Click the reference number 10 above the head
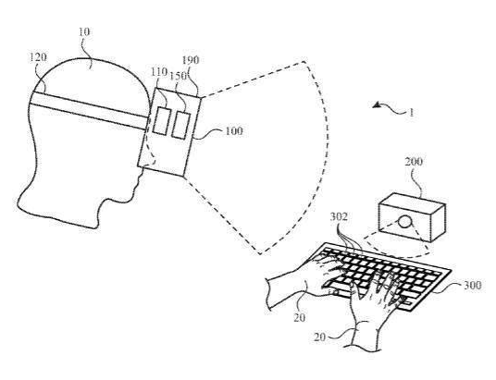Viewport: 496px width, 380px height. tap(84, 32)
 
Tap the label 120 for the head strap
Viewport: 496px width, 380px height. tap(38, 57)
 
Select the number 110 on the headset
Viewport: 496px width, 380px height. tap(158, 72)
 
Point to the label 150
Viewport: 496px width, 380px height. tap(178, 76)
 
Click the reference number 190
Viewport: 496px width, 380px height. tap(191, 60)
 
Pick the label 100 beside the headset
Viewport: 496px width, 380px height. tap(234, 131)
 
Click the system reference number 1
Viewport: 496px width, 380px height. tap(411, 113)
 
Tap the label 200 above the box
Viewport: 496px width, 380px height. tap(414, 162)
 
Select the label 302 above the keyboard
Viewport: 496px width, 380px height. tap(339, 217)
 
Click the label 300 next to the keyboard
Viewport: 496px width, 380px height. tap(472, 285)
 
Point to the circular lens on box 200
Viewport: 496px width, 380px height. tap(404, 221)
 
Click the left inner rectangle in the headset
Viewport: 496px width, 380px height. tap(160, 121)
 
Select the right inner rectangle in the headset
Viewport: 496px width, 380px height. tap(181, 125)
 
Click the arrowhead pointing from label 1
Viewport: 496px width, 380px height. tap(376, 105)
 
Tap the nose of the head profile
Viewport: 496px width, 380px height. tap(142, 167)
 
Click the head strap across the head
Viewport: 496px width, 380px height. tap(89, 110)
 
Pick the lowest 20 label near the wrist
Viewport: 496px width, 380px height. tap(319, 337)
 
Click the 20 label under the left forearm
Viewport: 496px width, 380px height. tap(299, 317)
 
